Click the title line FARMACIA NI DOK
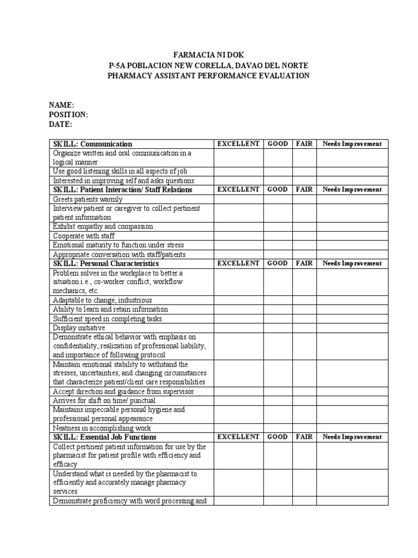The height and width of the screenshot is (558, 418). tap(208, 55)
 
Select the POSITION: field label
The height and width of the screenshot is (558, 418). tap(68, 115)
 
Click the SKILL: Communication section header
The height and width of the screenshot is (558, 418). tap(93, 144)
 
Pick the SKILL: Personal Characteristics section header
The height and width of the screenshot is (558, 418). tap(106, 263)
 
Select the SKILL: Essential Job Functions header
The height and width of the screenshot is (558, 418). tap(104, 437)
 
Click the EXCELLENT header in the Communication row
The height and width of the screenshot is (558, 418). tap(238, 144)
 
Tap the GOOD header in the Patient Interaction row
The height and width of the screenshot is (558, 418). tap(278, 190)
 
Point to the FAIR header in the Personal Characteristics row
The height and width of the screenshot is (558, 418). tap(304, 263)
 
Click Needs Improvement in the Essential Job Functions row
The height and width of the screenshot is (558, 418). tap(352, 437)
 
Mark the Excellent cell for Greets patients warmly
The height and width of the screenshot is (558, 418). tap(238, 199)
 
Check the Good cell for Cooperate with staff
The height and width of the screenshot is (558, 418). tap(278, 236)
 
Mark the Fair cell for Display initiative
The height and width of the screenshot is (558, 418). tap(304, 328)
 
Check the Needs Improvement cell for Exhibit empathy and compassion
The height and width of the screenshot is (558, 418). tap(352, 227)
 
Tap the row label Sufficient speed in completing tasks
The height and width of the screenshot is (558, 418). tap(107, 319)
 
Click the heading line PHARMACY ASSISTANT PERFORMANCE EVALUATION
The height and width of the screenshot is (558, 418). tap(208, 76)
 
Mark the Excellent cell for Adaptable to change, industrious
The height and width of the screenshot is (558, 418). tap(238, 300)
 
